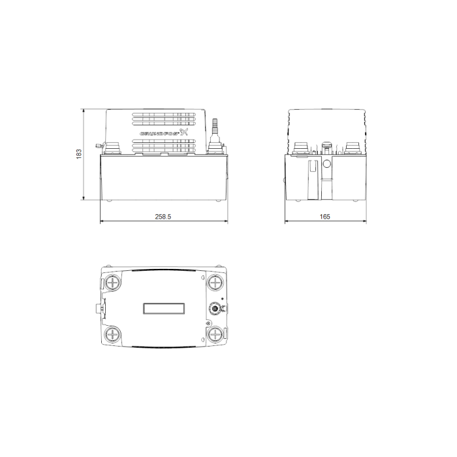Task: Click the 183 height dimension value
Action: coord(79,154)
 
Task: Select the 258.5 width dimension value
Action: coord(163,217)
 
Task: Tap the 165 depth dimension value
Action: coord(324,217)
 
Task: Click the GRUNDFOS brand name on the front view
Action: coord(159,133)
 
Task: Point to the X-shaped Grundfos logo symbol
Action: coord(183,133)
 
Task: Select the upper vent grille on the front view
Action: coord(164,119)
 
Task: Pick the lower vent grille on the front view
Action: coord(164,146)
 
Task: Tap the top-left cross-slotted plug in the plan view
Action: coord(112,282)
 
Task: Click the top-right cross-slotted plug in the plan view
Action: coord(215,282)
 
